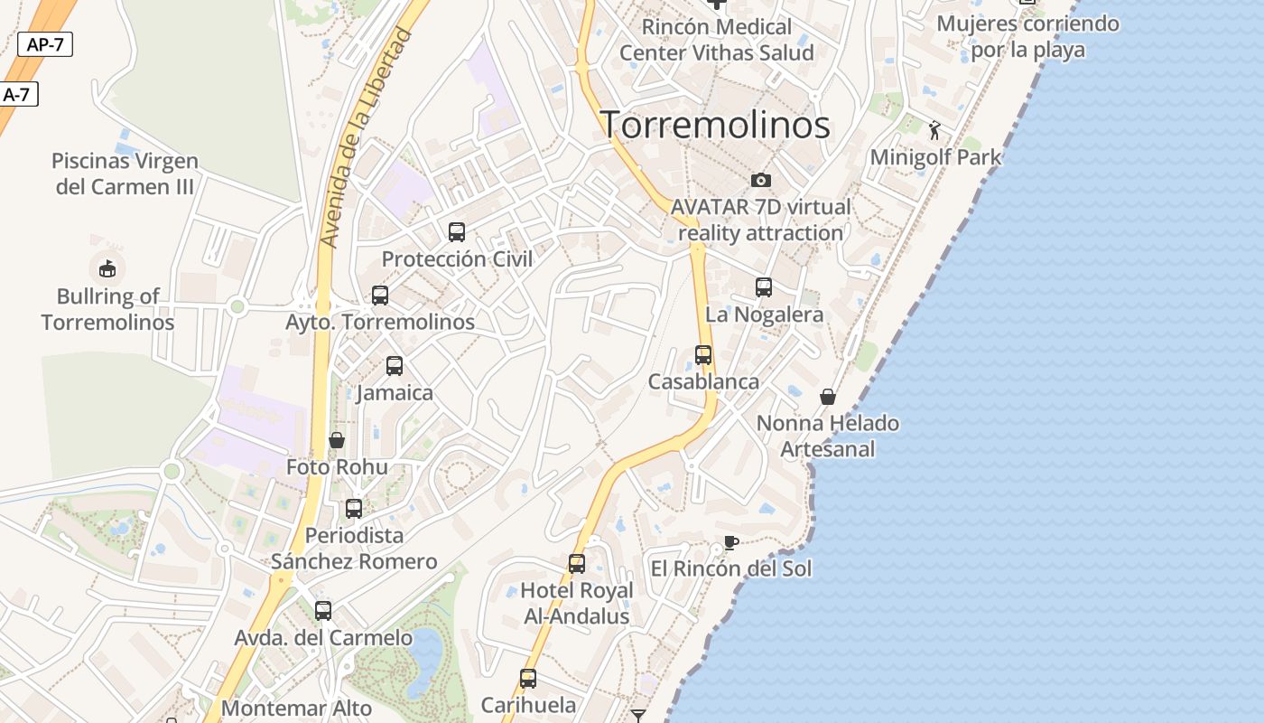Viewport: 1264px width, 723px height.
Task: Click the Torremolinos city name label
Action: coord(716,125)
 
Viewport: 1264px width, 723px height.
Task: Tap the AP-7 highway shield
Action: coord(45,44)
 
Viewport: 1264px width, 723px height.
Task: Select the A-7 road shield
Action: coord(17,94)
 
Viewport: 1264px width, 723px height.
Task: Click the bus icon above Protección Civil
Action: coord(457,232)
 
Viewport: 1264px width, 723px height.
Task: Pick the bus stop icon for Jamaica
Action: coord(395,366)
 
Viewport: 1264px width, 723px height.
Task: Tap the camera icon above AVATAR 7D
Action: coord(761,180)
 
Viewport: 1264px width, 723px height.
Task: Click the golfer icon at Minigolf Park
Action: coord(934,130)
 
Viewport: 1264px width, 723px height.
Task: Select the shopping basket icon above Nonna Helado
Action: coord(827,397)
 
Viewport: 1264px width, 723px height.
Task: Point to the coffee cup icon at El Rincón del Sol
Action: coord(730,543)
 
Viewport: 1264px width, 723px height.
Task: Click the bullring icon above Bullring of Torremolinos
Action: coord(107,268)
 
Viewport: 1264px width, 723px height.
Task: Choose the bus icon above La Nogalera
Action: coord(764,287)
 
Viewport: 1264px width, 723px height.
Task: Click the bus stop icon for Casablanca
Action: coord(703,355)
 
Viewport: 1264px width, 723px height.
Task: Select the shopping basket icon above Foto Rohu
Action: coord(337,440)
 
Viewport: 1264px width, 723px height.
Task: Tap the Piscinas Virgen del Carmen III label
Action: coord(125,174)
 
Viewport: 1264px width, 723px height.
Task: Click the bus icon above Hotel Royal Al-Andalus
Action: coord(577,564)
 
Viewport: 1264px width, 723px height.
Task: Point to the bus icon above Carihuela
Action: coord(528,678)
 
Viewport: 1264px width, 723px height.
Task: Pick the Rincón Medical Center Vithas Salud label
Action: coord(717,40)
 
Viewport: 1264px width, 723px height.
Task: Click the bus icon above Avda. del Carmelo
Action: coord(323,611)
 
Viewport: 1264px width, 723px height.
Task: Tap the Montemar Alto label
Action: coord(296,708)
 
